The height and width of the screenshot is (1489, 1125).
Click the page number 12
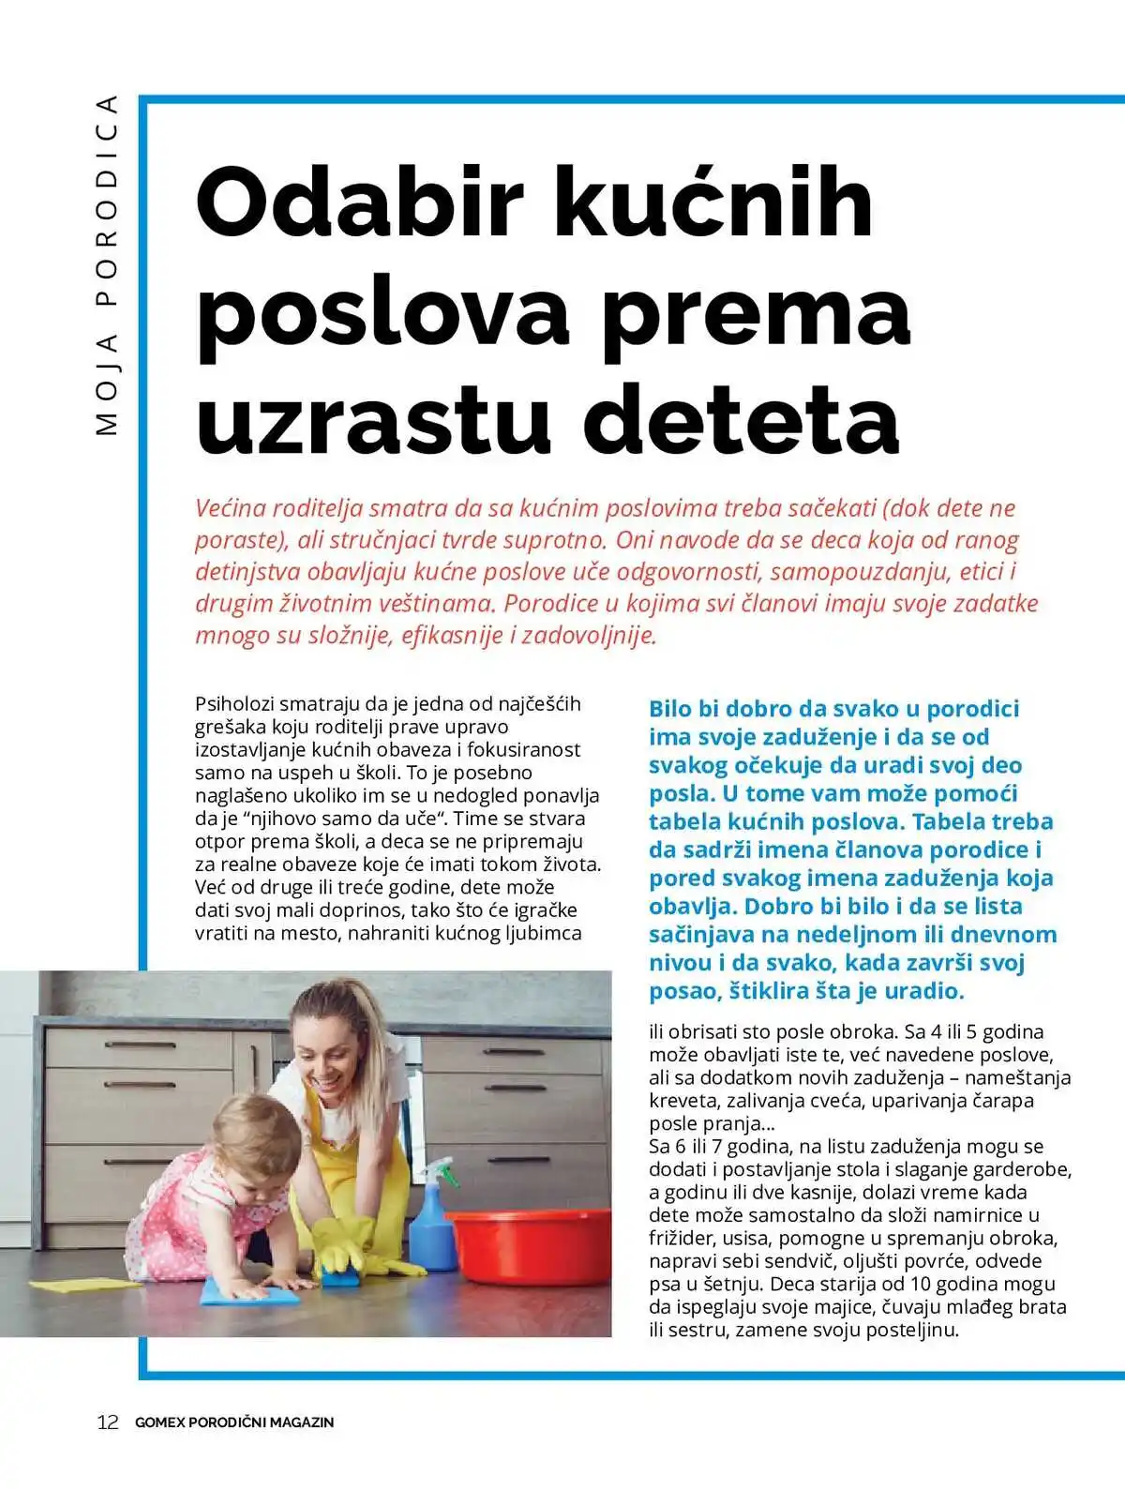(108, 1421)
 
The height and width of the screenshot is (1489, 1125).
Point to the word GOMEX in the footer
(159, 1422)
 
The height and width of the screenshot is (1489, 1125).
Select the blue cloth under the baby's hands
(248, 1292)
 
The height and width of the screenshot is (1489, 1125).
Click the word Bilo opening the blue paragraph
(670, 709)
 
